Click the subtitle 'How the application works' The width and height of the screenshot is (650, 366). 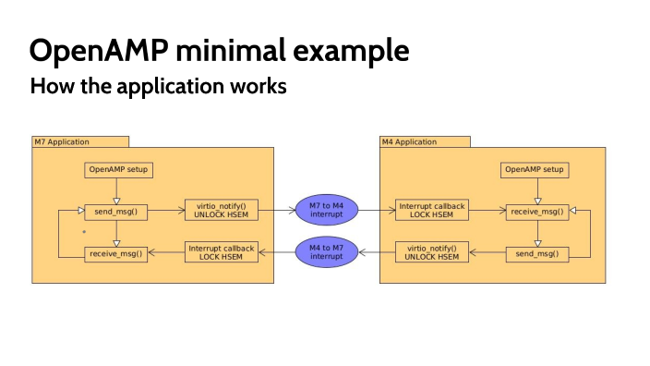point(158,88)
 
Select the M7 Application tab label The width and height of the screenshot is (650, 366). point(62,141)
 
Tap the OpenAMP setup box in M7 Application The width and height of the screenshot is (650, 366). point(117,169)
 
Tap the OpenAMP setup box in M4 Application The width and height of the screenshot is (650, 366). point(535,169)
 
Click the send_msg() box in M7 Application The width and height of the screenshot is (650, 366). point(116,212)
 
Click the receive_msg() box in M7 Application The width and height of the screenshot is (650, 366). point(116,252)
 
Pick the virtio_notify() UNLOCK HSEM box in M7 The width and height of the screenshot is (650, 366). point(222,211)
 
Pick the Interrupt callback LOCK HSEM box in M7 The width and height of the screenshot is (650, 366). point(222,251)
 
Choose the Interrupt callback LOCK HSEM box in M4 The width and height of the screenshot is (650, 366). point(432,211)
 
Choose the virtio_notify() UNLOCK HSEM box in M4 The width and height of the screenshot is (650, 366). point(432,251)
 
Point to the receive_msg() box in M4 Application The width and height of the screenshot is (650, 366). point(536,212)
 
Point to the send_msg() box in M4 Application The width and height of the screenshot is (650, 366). point(536,252)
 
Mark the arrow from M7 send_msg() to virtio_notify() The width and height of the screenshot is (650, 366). point(166,211)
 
